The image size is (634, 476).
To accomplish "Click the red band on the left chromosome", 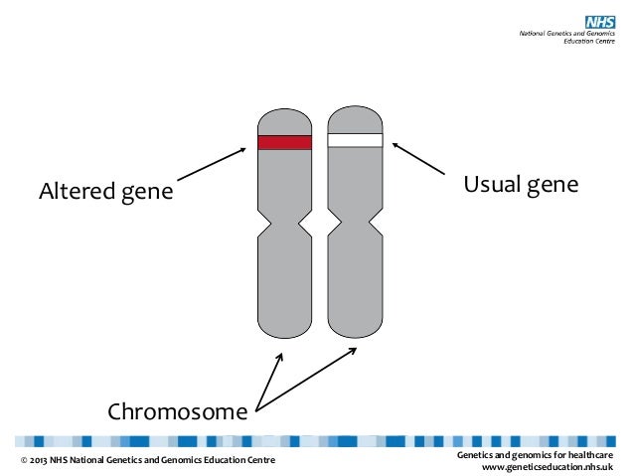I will click(284, 141).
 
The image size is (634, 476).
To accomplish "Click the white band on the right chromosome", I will click(355, 140).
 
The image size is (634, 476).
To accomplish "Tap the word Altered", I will click(77, 190).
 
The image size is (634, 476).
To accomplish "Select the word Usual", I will click(493, 186).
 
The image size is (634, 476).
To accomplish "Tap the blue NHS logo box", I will click(599, 21).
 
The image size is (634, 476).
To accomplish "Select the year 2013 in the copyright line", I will click(41, 460).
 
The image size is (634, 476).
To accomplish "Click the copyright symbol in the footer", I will click(24, 460).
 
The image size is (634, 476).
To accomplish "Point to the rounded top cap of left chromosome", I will click(284, 116).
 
